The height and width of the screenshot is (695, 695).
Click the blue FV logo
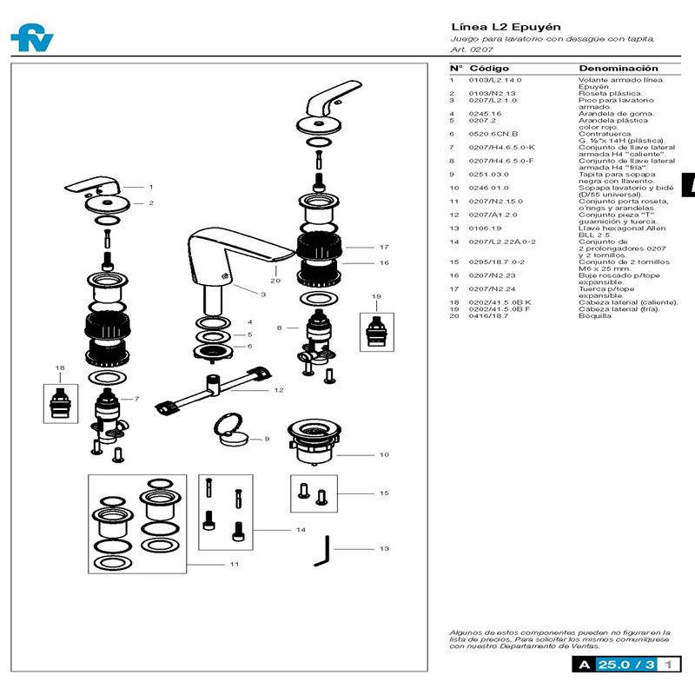(x=31, y=38)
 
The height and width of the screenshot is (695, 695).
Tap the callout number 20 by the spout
(x=275, y=281)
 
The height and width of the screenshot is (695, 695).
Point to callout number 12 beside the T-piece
(x=279, y=390)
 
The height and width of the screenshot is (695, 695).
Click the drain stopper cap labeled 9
(x=230, y=432)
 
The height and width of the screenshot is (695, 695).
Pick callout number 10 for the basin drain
(x=383, y=454)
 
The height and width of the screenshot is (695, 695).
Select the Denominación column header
(x=619, y=69)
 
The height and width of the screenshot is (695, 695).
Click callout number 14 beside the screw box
(x=301, y=529)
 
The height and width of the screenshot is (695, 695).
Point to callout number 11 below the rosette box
(x=234, y=565)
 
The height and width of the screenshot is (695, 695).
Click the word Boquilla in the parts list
(x=596, y=315)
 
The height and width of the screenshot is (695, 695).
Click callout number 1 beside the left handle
(x=150, y=186)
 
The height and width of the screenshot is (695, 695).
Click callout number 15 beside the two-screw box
(x=384, y=493)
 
